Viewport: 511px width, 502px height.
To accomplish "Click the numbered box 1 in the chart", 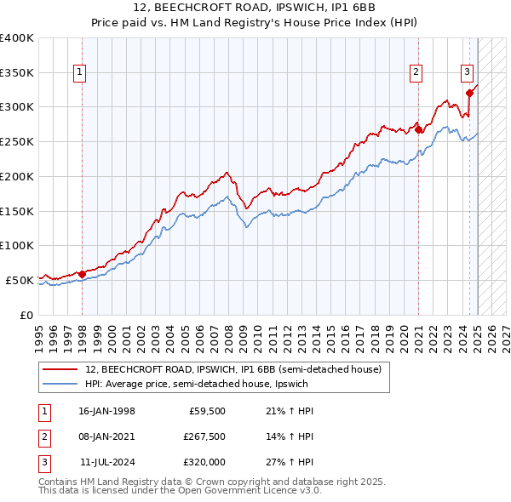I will tap(79, 73).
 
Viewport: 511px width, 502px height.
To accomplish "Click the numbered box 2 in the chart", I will tap(416, 73).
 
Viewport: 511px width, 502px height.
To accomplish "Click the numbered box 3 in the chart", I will tap(467, 73).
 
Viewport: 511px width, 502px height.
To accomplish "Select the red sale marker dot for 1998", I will tap(82, 273).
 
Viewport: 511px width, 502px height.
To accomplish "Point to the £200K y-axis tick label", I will tap(17, 176).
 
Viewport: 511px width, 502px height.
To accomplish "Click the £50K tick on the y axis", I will tap(20, 280).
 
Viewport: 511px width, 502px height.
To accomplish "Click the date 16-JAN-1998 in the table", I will tap(106, 411).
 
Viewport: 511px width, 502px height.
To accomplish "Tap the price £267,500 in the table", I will tap(204, 436).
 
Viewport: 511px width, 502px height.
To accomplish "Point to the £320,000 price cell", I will tap(204, 462).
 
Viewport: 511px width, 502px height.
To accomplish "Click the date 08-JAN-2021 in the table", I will tap(106, 436).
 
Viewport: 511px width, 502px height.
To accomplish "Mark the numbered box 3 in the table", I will tap(42, 462).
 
